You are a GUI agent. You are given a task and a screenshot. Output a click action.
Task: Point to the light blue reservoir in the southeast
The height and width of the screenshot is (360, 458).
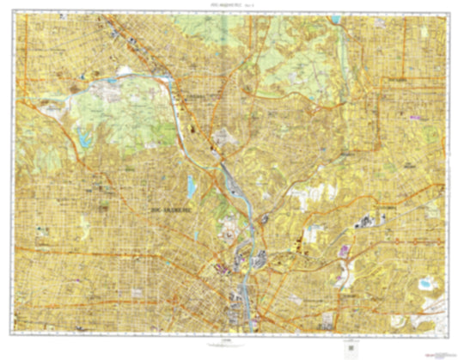[424, 283]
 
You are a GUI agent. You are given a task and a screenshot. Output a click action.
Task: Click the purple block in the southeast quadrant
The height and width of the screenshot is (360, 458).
[346, 250]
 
